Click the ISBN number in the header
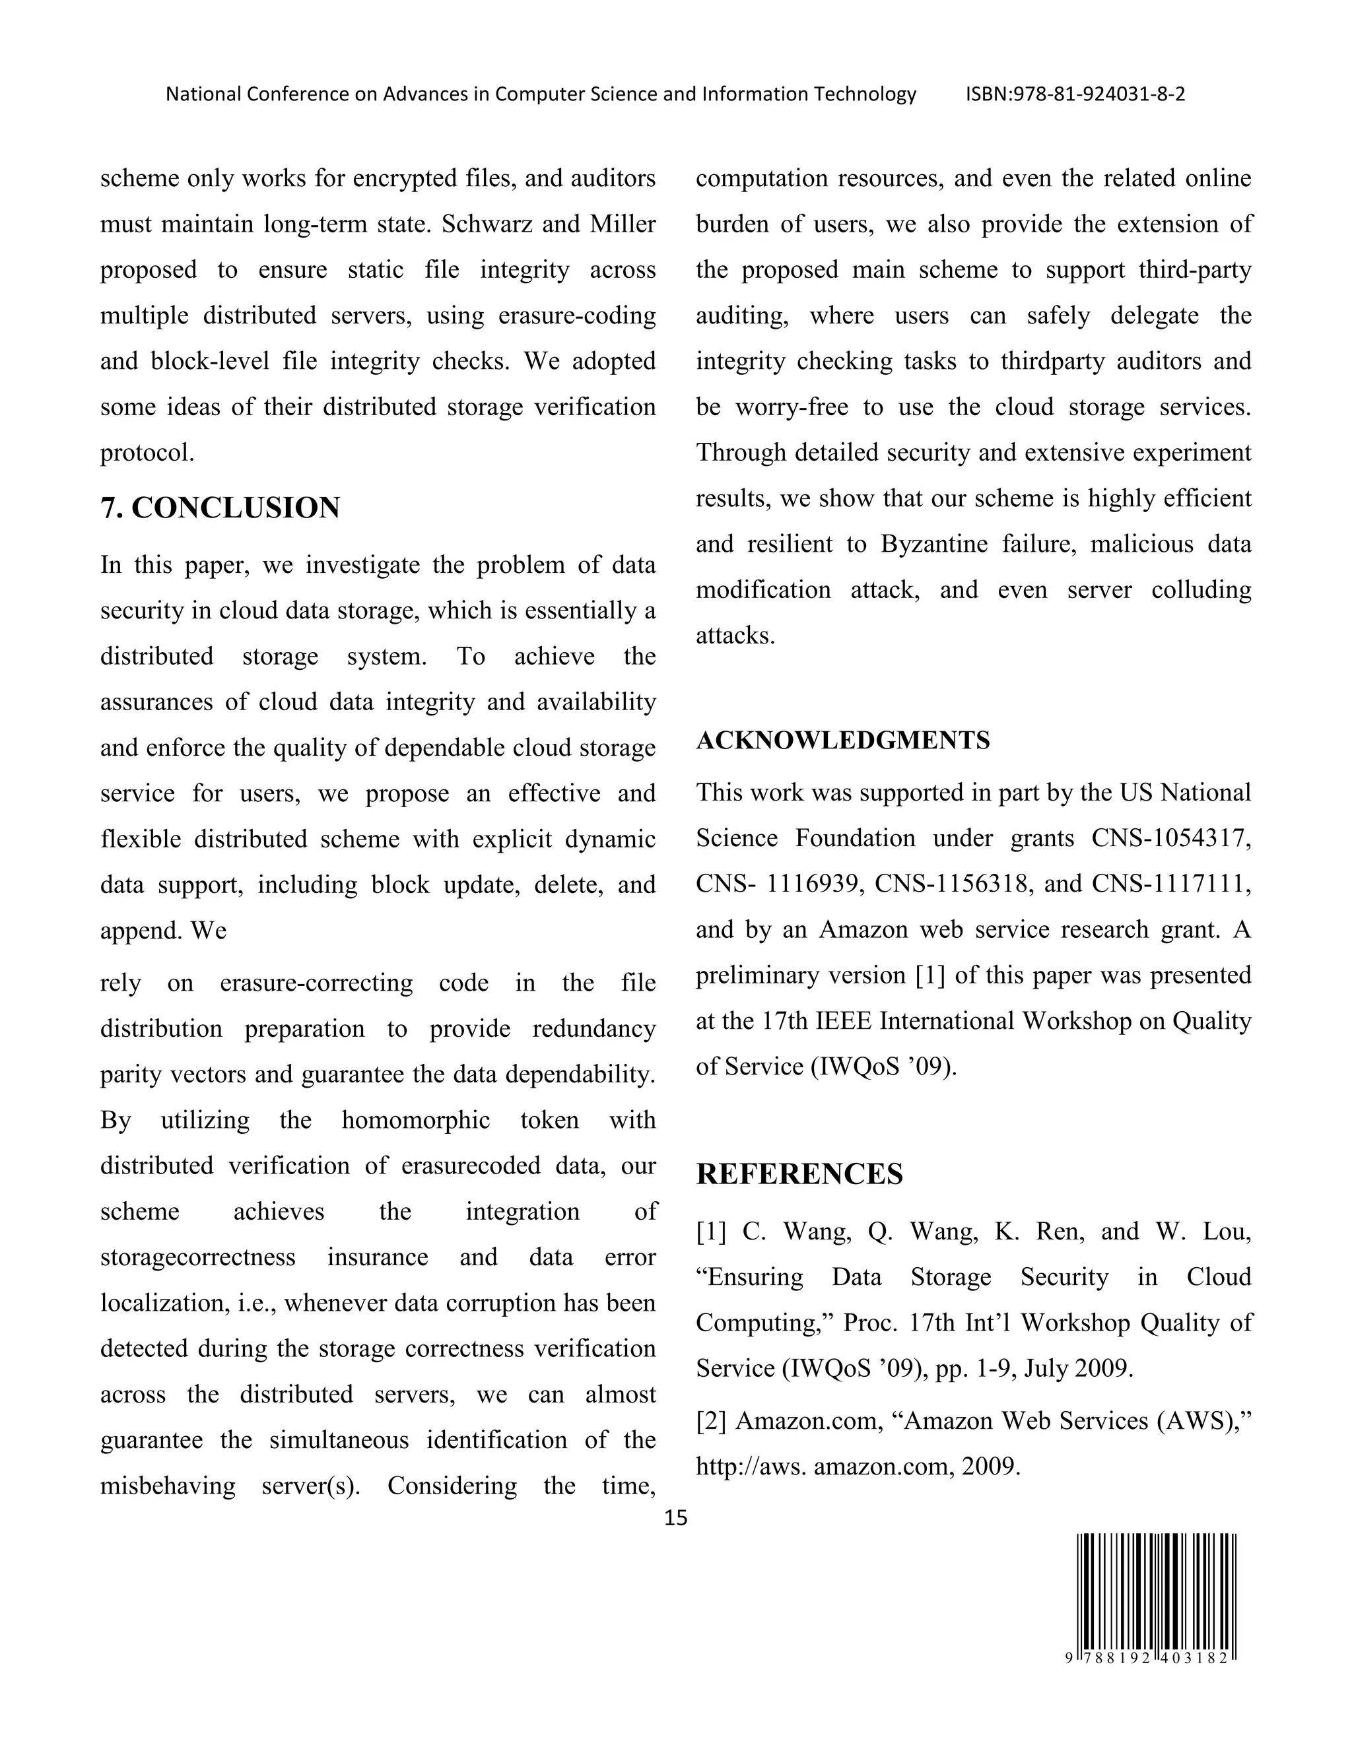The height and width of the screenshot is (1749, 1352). tap(1075, 94)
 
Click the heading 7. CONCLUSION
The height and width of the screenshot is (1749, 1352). tap(220, 508)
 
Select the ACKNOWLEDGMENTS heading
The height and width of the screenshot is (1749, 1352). tap(842, 740)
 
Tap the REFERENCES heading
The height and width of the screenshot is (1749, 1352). tap(799, 1174)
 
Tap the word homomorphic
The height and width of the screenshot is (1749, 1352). tap(416, 1119)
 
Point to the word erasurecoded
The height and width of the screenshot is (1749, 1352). tap(471, 1165)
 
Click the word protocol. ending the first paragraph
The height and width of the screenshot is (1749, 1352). tap(147, 453)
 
